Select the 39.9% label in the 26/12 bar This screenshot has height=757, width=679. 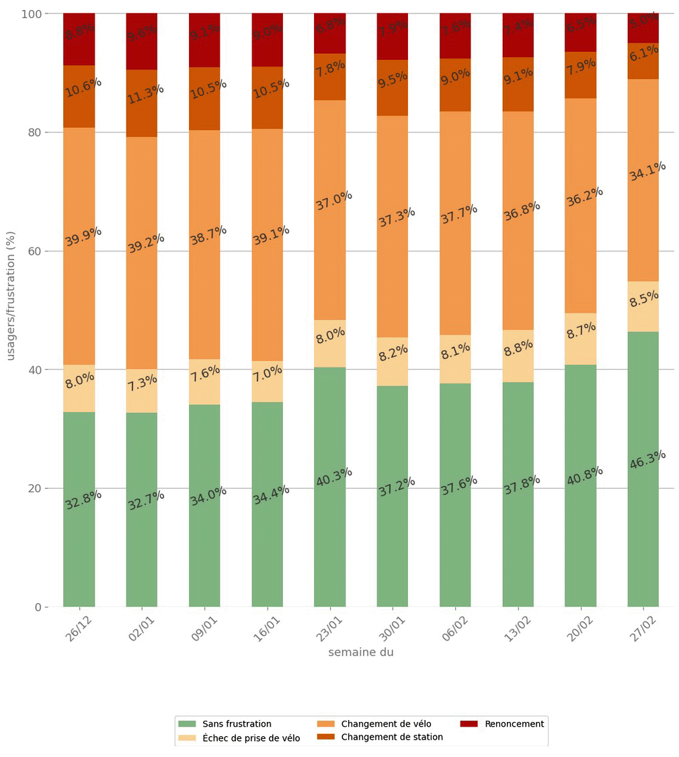83,236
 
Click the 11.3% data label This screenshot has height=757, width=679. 146,94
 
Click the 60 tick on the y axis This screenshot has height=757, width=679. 32,251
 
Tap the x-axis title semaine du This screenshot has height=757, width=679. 361,652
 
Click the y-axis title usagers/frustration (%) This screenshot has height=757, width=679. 11,296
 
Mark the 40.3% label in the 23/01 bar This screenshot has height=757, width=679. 334,477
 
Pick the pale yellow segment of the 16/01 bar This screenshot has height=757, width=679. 267,381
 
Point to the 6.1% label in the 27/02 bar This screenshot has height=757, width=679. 643,54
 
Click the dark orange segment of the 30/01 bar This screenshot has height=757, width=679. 392,87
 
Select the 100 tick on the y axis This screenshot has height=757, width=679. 29,13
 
